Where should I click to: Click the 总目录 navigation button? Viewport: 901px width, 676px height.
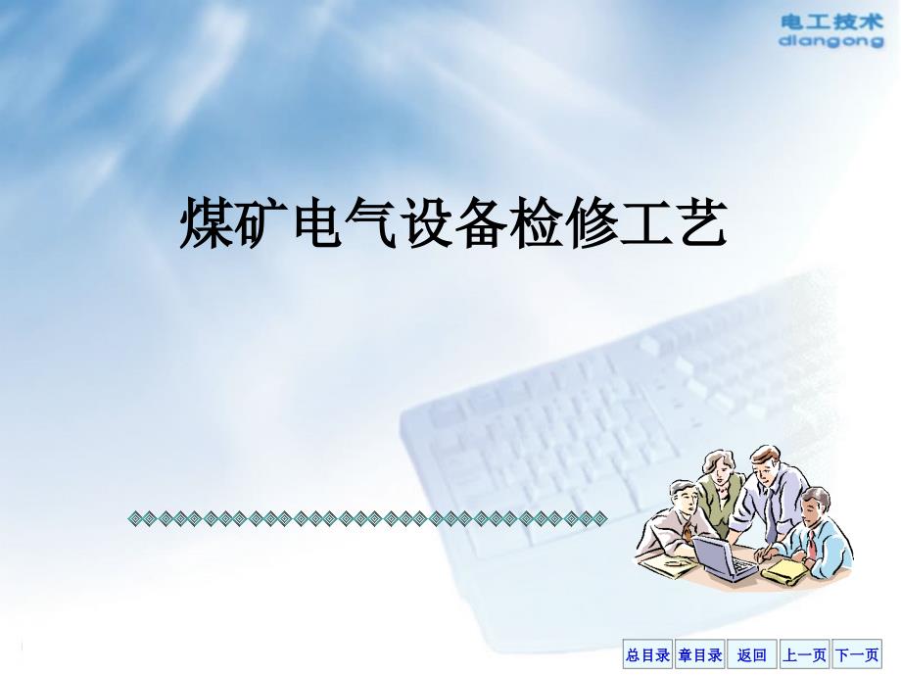[x=647, y=654]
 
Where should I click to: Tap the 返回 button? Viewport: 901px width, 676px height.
[x=751, y=654]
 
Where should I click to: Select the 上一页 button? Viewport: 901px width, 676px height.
[x=804, y=654]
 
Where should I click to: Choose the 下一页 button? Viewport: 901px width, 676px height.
[x=857, y=654]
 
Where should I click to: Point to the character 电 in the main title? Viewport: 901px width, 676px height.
[x=317, y=223]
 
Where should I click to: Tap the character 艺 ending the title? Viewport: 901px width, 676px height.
[x=701, y=223]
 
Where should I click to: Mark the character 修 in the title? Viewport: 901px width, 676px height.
[x=592, y=223]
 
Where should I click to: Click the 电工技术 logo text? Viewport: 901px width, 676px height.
[x=831, y=23]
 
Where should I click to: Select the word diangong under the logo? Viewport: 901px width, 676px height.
[x=831, y=41]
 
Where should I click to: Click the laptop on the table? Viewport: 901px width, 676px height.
[x=724, y=556]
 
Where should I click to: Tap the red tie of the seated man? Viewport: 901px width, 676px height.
[x=811, y=545]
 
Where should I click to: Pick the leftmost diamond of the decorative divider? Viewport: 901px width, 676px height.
[x=135, y=519]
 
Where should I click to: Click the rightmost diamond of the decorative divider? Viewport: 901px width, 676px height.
[x=600, y=519]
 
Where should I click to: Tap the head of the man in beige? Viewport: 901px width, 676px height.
[x=683, y=498]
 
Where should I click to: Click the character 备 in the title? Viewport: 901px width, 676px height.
[x=482, y=223]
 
